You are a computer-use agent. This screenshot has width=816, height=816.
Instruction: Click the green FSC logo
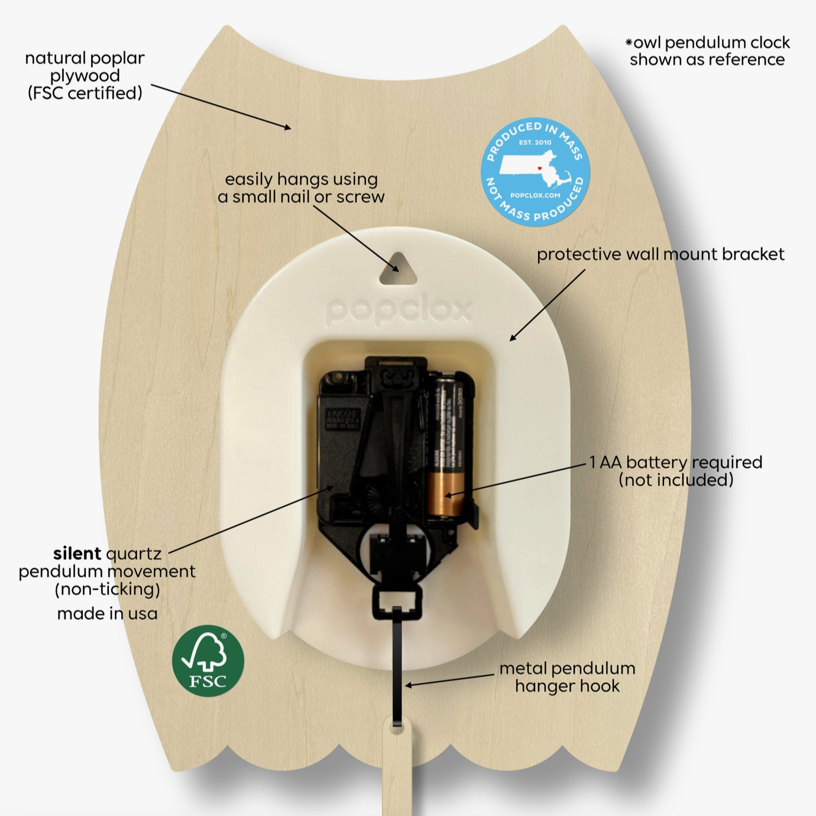coord(208,660)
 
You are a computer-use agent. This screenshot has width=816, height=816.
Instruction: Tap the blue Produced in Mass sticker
coord(535,171)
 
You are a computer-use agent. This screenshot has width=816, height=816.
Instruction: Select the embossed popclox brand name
coord(399,310)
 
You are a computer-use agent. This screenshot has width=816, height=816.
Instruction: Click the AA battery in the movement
coord(449,449)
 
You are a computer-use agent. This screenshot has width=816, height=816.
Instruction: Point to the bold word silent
coord(77,553)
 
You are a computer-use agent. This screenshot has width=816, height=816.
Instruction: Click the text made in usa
coord(107,614)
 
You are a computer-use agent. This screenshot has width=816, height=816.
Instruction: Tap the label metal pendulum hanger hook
coord(567,677)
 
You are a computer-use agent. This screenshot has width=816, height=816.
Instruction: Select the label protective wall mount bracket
coord(660,254)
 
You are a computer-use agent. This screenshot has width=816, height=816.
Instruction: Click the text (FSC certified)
coord(85,93)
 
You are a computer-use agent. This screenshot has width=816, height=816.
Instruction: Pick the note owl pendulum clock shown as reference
coord(707,51)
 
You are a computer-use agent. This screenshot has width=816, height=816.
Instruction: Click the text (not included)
coord(676,480)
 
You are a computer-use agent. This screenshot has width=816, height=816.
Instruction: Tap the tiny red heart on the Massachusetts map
coord(539,169)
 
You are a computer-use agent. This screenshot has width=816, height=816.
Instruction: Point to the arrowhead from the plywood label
coord(287,127)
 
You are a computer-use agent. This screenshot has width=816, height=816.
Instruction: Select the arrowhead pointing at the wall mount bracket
coord(513,338)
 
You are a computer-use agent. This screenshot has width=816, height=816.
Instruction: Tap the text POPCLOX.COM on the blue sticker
coord(535,195)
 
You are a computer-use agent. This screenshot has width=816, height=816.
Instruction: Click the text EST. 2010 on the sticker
coord(535,143)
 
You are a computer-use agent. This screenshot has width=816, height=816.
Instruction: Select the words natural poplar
coord(85,58)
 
